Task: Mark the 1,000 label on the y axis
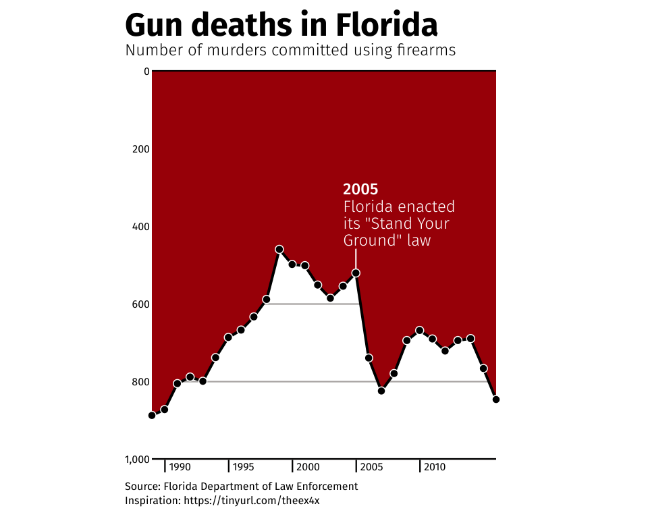tap(137, 460)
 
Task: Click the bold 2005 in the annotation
tap(360, 190)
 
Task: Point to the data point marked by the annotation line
tap(356, 273)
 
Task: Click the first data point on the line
tap(152, 415)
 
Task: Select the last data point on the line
tap(496, 400)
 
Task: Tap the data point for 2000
tap(305, 265)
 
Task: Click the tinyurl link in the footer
tap(256, 501)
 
